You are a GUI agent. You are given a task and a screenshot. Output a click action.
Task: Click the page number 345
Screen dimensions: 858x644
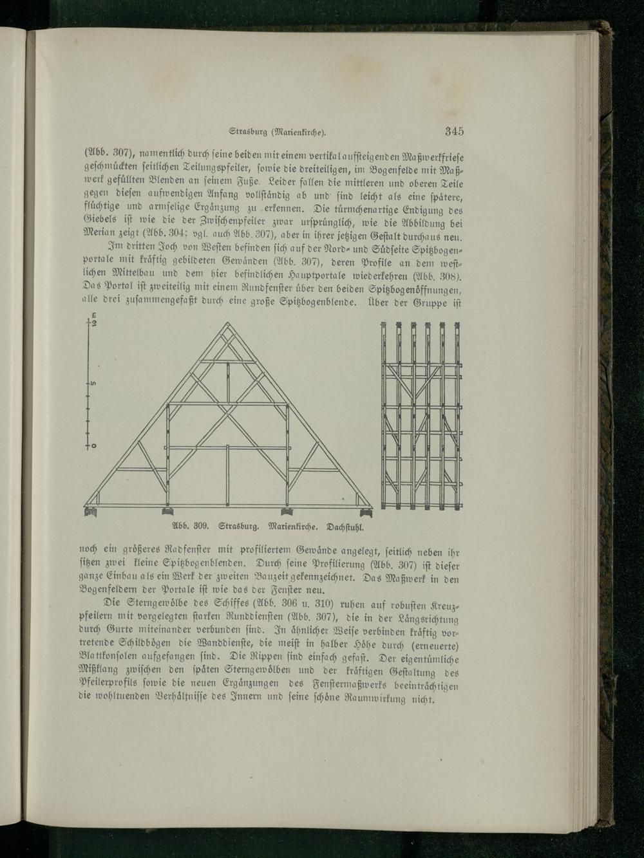pyautogui.click(x=453, y=132)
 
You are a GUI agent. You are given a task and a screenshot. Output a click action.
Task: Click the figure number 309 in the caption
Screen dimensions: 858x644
pyautogui.click(x=195, y=525)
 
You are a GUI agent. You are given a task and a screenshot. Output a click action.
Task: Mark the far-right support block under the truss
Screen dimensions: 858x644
pyautogui.click(x=367, y=512)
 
